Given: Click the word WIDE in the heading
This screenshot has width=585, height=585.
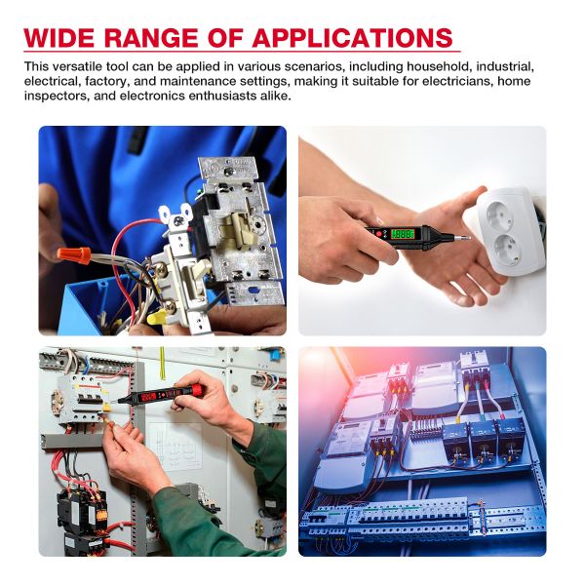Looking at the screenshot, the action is tap(58, 37).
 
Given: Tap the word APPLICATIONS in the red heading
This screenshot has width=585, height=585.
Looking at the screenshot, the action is tap(353, 37).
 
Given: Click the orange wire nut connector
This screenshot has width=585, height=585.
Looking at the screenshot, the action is tap(74, 255).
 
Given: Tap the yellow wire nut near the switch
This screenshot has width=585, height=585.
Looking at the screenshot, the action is tap(157, 318).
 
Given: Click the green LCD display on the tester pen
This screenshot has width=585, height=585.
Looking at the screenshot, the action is tap(402, 234).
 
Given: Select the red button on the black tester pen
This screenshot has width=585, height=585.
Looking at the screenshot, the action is tap(379, 234).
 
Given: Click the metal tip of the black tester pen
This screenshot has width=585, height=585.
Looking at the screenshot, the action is tap(462, 237).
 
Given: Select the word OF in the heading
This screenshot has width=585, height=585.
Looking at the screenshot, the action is tap(225, 37).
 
